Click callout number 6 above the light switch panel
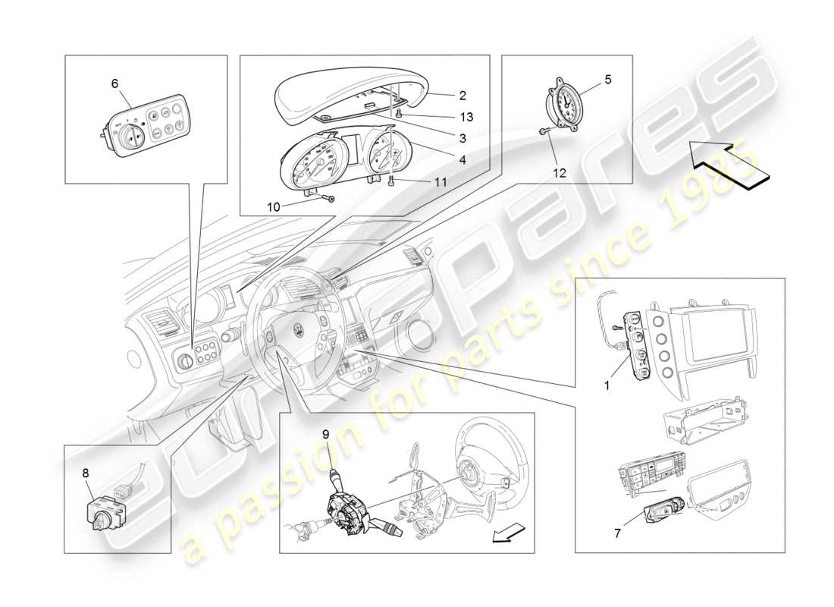[x=114, y=83]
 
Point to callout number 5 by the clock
[x=607, y=78]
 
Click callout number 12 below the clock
[x=560, y=173]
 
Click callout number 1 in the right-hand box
[x=607, y=385]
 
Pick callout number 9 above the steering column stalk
[x=325, y=435]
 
